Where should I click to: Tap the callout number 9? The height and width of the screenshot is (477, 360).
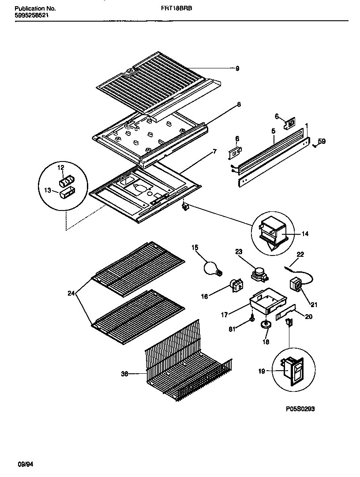(237, 68)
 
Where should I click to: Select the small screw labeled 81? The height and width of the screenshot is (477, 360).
(251, 319)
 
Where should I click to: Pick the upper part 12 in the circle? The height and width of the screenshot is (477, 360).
(67, 181)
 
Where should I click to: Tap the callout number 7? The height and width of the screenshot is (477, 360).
(214, 152)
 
